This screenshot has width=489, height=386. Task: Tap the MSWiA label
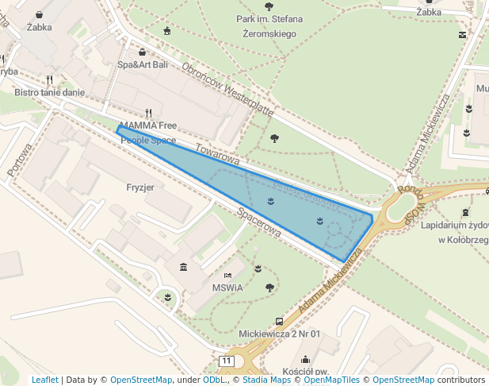(227, 288)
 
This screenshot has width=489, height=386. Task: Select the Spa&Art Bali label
(143, 64)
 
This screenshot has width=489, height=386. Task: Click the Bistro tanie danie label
(49, 92)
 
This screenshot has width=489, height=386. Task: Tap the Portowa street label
(18, 160)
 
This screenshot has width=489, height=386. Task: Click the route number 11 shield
(227, 361)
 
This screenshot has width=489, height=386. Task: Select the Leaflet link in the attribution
(44, 380)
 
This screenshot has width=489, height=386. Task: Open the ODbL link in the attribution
(213, 380)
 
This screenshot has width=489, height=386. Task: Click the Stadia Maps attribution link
(264, 380)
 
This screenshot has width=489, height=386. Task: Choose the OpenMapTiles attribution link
(334, 380)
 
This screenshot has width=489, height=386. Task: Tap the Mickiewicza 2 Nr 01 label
(279, 334)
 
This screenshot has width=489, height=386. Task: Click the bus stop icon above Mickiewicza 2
(279, 321)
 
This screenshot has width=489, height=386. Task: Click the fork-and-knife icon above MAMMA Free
(148, 113)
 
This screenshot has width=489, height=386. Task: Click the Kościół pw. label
(305, 371)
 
